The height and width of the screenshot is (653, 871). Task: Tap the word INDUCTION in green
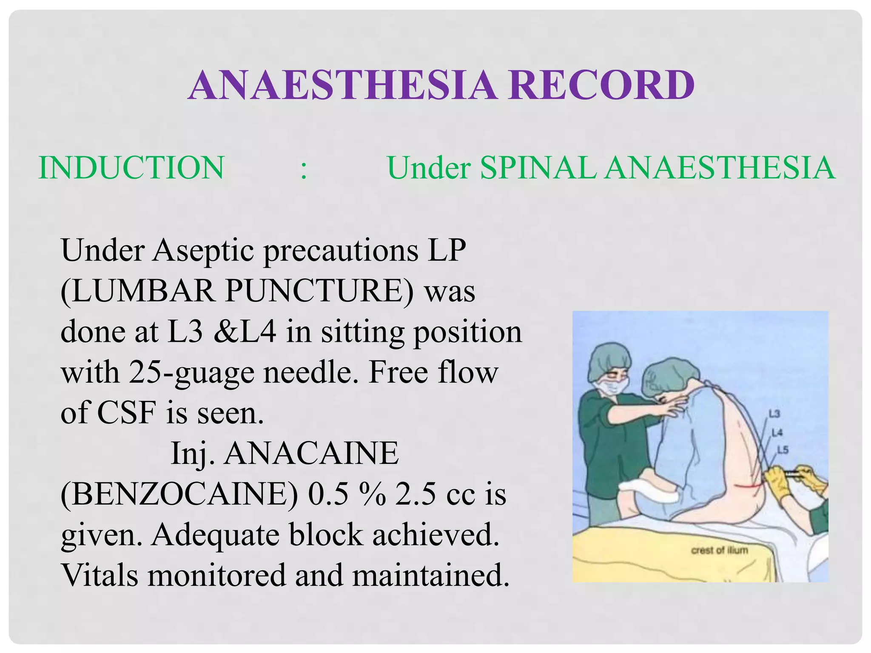131,168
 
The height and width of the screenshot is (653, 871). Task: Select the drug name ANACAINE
311,453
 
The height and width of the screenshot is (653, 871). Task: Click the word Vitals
100,575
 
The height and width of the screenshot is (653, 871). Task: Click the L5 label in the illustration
783,449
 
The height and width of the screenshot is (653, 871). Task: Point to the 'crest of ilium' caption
719,550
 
